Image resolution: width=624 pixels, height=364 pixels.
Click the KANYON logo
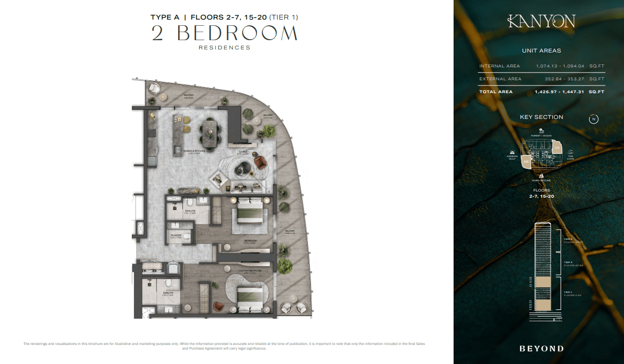(541, 21)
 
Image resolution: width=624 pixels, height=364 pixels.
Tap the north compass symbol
(594, 119)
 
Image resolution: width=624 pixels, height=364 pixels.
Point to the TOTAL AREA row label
(496, 92)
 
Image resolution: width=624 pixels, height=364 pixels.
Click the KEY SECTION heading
(541, 117)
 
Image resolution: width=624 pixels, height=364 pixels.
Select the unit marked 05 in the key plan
(526, 162)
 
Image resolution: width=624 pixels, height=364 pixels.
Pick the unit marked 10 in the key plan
(557, 148)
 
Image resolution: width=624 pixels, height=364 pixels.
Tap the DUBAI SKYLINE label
(541, 181)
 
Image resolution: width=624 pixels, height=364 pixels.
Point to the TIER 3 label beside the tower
(568, 239)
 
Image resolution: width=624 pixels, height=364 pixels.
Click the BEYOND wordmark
(541, 349)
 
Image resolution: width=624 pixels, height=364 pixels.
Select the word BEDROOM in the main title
(237, 33)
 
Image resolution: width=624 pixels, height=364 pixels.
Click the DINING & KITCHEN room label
(194, 151)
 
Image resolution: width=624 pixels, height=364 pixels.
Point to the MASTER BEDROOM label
(250, 271)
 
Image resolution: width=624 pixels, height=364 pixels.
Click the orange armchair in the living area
(261, 163)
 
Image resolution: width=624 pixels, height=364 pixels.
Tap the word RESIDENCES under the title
(224, 48)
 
